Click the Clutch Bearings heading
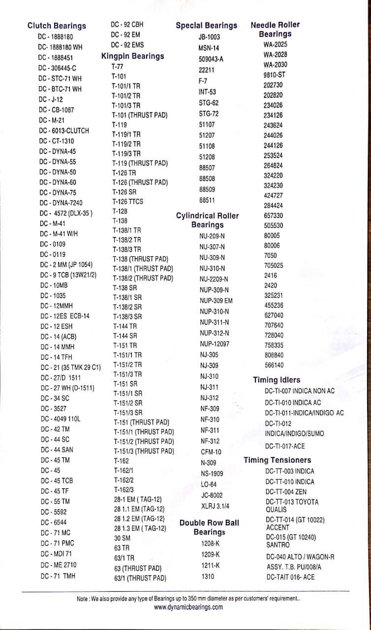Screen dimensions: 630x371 click(57, 26)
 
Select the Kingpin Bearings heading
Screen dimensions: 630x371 click(132, 56)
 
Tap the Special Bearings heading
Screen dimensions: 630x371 click(206, 26)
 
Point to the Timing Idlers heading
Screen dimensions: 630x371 click(276, 380)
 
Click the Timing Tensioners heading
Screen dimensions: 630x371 click(278, 460)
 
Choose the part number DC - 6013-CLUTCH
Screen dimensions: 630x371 click(64, 131)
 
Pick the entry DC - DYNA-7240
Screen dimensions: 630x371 click(62, 203)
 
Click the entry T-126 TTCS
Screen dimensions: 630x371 click(127, 201)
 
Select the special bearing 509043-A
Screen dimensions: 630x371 click(211, 59)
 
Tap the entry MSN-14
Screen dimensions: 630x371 click(208, 48)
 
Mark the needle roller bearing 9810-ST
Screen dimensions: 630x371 click(274, 75)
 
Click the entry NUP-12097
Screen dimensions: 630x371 click(214, 344)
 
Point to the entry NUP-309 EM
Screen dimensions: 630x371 click(216, 301)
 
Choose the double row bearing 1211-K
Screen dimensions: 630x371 click(211, 566)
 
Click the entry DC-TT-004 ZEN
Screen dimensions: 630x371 click(285, 492)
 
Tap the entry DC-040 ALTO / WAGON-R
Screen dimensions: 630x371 click(300, 557)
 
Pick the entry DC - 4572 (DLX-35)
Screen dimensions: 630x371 click(66, 214)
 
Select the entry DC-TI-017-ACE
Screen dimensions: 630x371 click(284, 446)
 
